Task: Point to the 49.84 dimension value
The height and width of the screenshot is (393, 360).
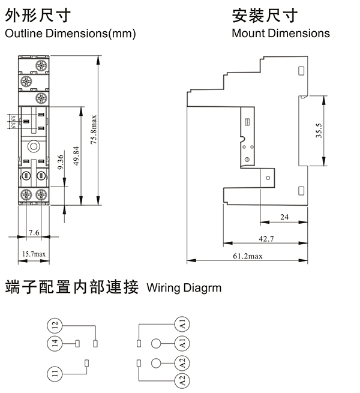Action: (75, 158)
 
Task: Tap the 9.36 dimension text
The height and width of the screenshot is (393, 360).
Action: (61, 163)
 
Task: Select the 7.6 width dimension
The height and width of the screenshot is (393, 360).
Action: (34, 232)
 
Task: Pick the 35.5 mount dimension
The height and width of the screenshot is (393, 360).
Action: (320, 130)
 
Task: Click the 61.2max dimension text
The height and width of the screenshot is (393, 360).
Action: (248, 256)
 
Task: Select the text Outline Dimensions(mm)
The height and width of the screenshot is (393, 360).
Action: (70, 34)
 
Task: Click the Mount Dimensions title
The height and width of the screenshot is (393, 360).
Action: (281, 34)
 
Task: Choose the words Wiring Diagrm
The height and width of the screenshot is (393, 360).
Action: (184, 288)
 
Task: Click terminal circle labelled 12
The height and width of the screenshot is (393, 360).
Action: (55, 326)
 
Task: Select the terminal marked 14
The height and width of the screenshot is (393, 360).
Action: (55, 344)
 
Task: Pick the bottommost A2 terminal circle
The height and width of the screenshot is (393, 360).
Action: (182, 380)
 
